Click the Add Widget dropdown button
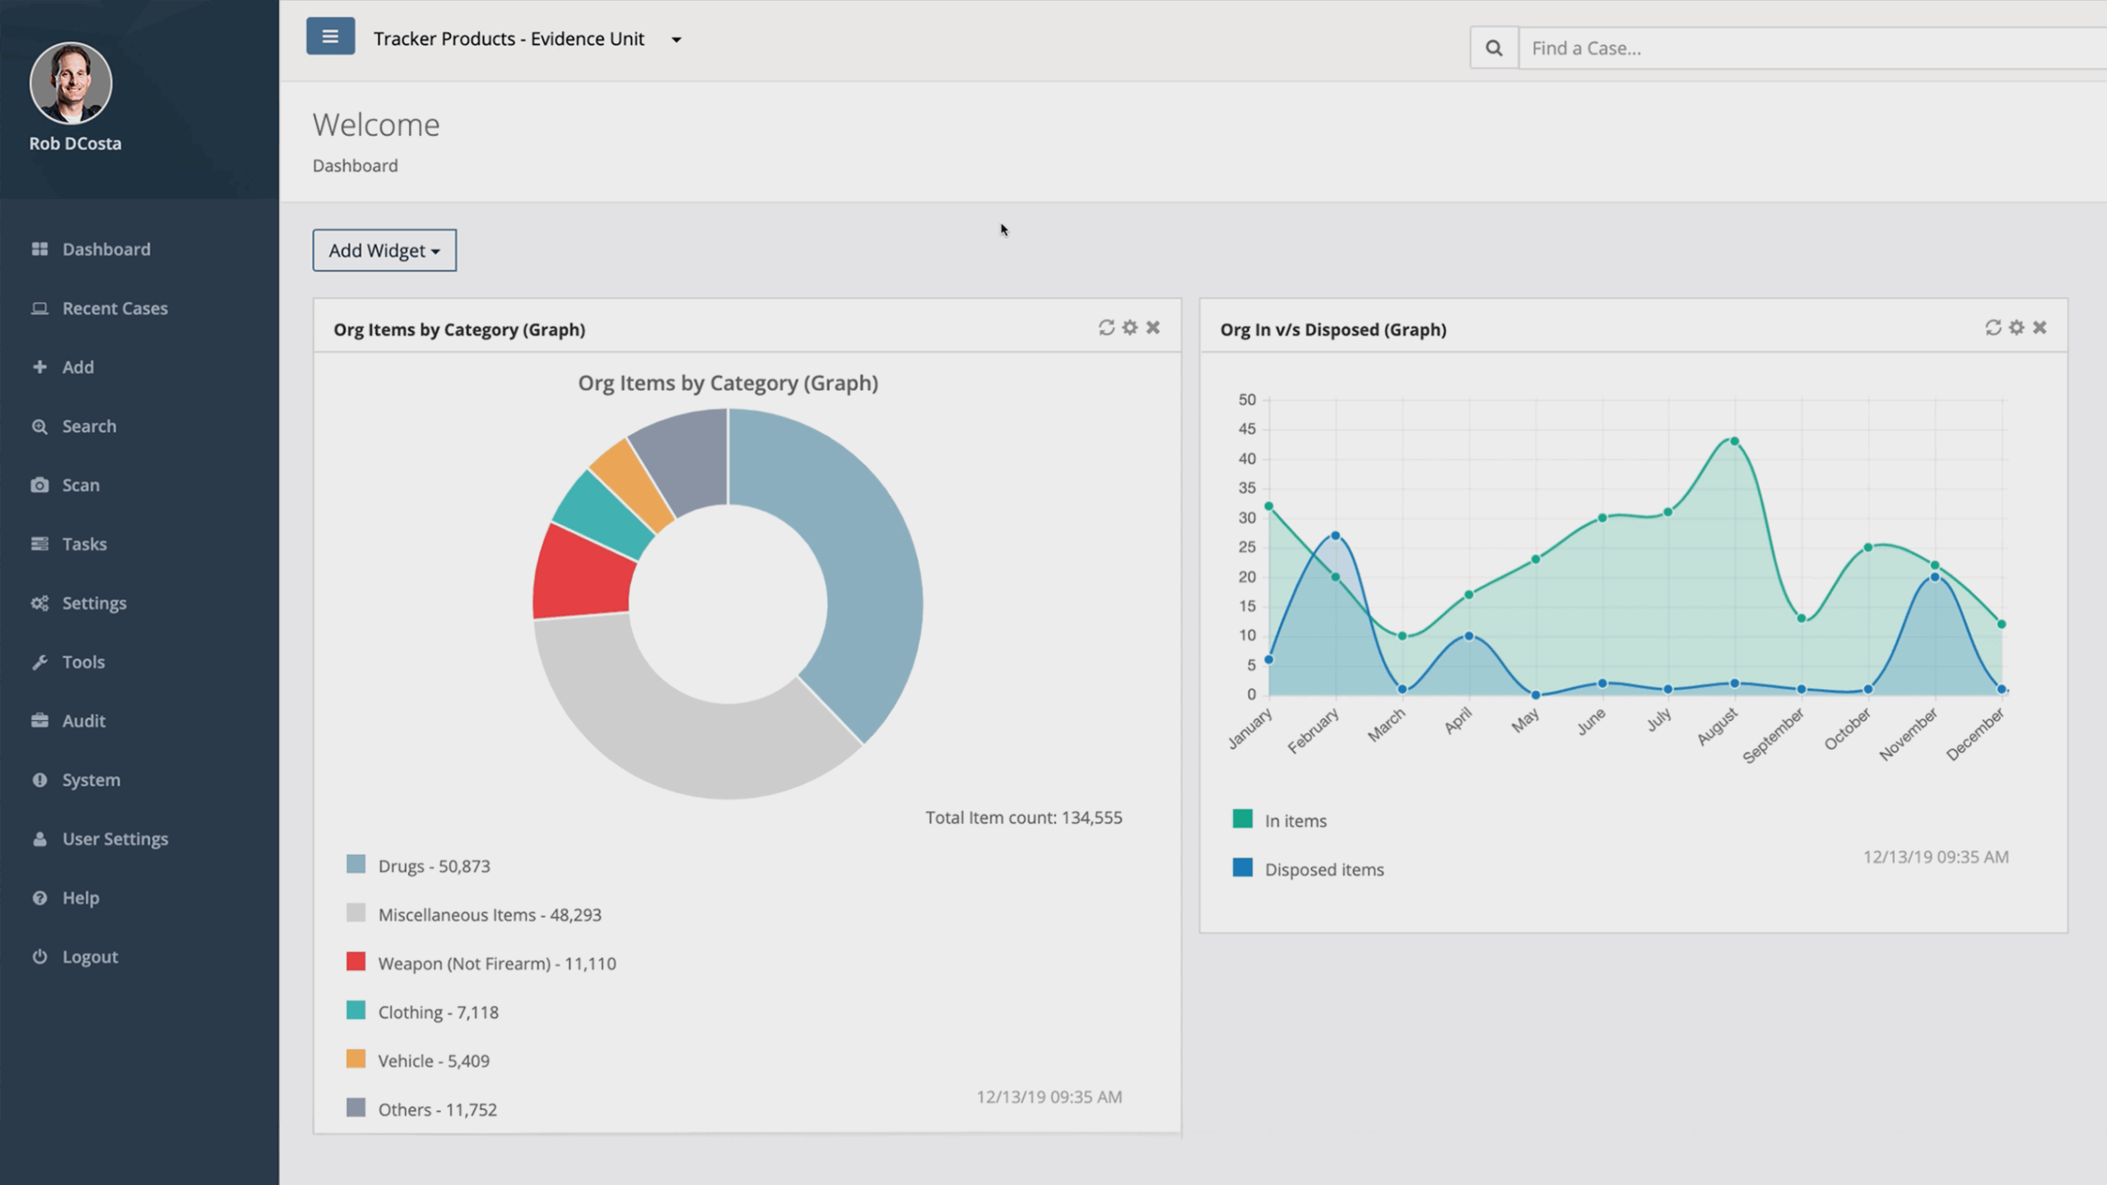point(384,250)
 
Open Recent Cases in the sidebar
point(114,309)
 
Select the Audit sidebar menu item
point(83,721)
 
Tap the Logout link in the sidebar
point(90,957)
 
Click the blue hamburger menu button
point(330,37)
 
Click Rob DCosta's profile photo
point(71,83)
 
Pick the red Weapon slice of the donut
point(583,574)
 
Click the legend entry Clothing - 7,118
point(437,1012)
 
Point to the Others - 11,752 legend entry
point(436,1109)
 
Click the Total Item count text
point(1023,818)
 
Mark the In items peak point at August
point(1734,442)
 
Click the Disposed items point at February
point(1335,536)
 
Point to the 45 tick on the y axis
point(1247,430)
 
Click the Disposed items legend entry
point(1323,870)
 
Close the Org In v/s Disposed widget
point(2040,328)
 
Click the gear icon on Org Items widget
point(1130,328)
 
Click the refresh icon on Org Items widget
point(1106,328)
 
